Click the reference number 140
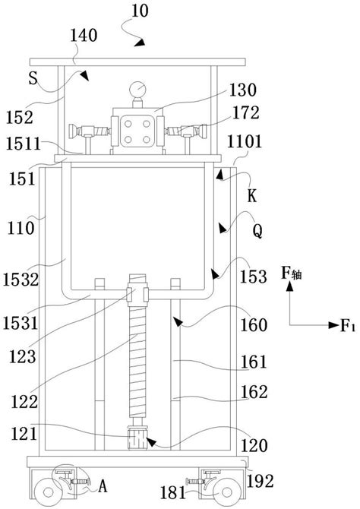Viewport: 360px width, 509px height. (x=84, y=35)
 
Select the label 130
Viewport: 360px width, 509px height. (x=243, y=90)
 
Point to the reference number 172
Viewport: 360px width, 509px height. (x=246, y=112)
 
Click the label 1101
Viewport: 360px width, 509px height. (x=244, y=142)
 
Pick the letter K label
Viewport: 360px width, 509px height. (x=252, y=196)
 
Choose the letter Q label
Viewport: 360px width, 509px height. (x=257, y=231)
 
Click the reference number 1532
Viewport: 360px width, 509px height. (x=21, y=280)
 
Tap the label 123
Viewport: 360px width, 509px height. (x=22, y=357)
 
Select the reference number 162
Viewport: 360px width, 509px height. (x=254, y=392)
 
